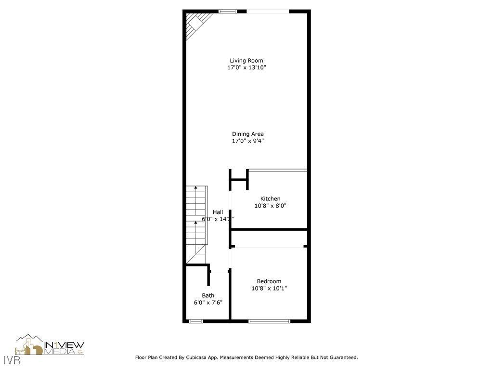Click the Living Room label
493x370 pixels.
click(x=246, y=61)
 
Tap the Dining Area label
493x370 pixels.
click(x=247, y=134)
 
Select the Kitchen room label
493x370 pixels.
click(x=270, y=198)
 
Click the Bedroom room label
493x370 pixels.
click(x=269, y=281)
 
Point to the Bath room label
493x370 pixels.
click(x=208, y=295)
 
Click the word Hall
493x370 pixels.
click(x=218, y=212)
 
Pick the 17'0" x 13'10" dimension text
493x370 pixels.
click(x=246, y=68)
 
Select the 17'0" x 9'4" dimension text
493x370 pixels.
click(x=247, y=141)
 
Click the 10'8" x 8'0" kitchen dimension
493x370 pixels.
click(x=271, y=206)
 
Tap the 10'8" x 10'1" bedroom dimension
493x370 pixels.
click(x=269, y=289)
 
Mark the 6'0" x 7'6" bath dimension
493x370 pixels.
click(x=208, y=303)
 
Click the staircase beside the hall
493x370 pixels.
click(x=196, y=222)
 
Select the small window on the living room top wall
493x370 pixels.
click(x=226, y=11)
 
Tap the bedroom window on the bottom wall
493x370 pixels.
click(x=269, y=321)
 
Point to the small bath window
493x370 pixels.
click(x=196, y=321)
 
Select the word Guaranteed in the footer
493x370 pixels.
click(x=342, y=357)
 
